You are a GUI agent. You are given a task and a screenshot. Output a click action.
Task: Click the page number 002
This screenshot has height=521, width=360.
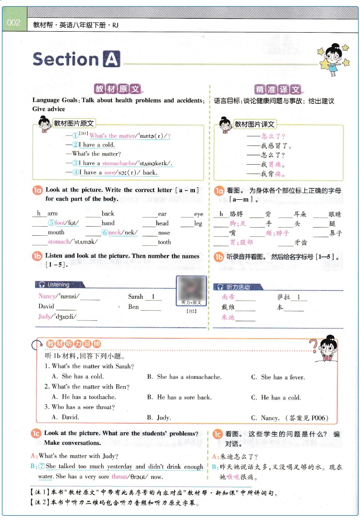tap(13, 23)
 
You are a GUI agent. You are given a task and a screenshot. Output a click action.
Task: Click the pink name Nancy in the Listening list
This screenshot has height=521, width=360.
tap(47, 297)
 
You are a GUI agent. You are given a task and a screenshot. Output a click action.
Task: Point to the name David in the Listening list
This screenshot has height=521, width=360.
tap(47, 306)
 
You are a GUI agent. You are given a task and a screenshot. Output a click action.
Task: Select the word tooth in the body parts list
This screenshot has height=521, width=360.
tap(164, 242)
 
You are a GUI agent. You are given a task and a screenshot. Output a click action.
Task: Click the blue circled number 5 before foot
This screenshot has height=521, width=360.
tap(51, 223)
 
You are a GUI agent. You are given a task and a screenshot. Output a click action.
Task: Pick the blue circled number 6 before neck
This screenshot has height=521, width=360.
tap(105, 233)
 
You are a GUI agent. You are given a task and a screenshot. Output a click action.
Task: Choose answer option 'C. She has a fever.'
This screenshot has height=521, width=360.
tap(277, 377)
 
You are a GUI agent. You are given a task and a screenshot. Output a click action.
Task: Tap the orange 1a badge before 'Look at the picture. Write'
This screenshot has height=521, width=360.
tap(38, 191)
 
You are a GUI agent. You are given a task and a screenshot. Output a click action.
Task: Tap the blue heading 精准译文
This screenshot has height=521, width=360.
tap(278, 89)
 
